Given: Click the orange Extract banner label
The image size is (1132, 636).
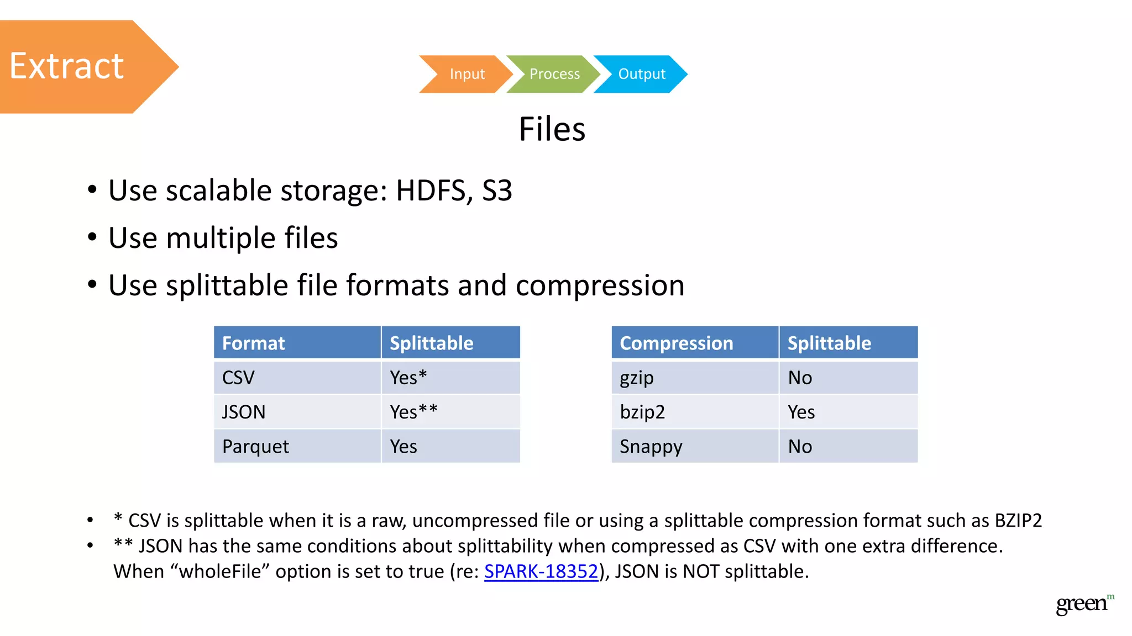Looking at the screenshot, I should pyautogui.click(x=67, y=66).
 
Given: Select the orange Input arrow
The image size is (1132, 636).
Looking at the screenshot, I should pyautogui.click(x=467, y=74).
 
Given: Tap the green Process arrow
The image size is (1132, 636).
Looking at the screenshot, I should pyautogui.click(x=554, y=74).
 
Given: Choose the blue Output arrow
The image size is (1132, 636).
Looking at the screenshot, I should pyautogui.click(x=641, y=74).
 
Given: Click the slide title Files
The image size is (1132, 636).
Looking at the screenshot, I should pyautogui.click(x=552, y=129).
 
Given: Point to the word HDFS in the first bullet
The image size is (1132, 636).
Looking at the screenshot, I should pyautogui.click(x=431, y=190).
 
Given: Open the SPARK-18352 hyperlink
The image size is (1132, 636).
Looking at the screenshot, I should pyautogui.click(x=541, y=571).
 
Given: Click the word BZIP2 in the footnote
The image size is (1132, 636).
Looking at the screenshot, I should pyautogui.click(x=1018, y=521).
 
